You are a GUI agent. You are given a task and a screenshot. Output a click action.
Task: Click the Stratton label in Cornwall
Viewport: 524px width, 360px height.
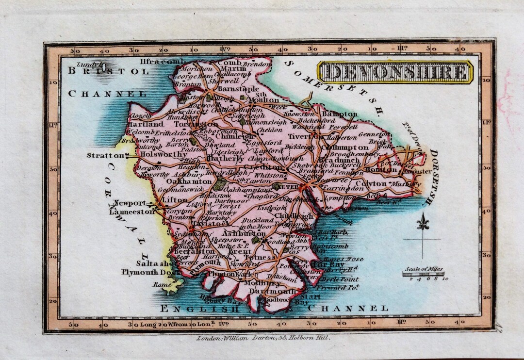[x=105, y=156]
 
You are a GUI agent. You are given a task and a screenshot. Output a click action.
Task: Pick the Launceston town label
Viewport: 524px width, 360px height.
[x=131, y=212]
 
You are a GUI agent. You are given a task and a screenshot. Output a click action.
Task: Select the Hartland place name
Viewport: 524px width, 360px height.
[x=146, y=124]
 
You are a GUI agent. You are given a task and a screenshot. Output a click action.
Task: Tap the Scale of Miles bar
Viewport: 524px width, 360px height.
[x=423, y=274]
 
